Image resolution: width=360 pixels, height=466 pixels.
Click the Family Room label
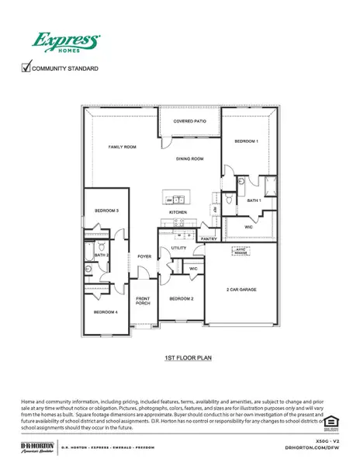[x=122, y=146]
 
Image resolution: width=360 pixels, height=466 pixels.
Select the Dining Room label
[x=189, y=158]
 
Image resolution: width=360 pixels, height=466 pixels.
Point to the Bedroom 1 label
[x=247, y=141]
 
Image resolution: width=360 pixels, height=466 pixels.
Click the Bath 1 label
[x=254, y=200]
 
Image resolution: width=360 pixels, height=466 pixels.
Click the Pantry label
[x=208, y=240]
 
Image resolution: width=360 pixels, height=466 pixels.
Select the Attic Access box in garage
[x=241, y=252]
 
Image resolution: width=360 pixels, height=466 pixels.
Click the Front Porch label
[x=144, y=301]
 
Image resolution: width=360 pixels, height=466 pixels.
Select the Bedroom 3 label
[x=106, y=210]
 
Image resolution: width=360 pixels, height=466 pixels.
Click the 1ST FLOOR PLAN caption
[x=188, y=358]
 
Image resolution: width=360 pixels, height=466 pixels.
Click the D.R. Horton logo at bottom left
[x=37, y=447]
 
